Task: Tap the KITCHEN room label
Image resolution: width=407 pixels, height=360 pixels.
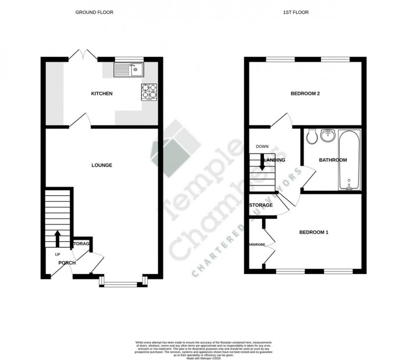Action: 102,94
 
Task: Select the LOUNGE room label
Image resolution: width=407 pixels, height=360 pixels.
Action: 102,165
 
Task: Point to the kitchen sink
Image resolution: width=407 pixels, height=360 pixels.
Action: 129,70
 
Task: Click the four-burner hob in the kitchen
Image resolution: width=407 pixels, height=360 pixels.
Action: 148,92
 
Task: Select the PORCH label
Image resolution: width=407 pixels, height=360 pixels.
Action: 66,263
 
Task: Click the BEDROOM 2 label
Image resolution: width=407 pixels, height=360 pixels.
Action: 305,94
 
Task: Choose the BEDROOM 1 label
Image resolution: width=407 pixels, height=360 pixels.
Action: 314,233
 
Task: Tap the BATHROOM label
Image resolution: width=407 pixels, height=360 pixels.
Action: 333,160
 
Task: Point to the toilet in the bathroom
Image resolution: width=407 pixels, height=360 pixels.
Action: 311,136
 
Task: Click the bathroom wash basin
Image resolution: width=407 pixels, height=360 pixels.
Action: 327,136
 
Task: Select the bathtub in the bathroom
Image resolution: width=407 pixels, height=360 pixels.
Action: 349,160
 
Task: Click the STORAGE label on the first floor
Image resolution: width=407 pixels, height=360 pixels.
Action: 261,205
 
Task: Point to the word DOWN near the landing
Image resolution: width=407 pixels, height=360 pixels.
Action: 261,147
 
